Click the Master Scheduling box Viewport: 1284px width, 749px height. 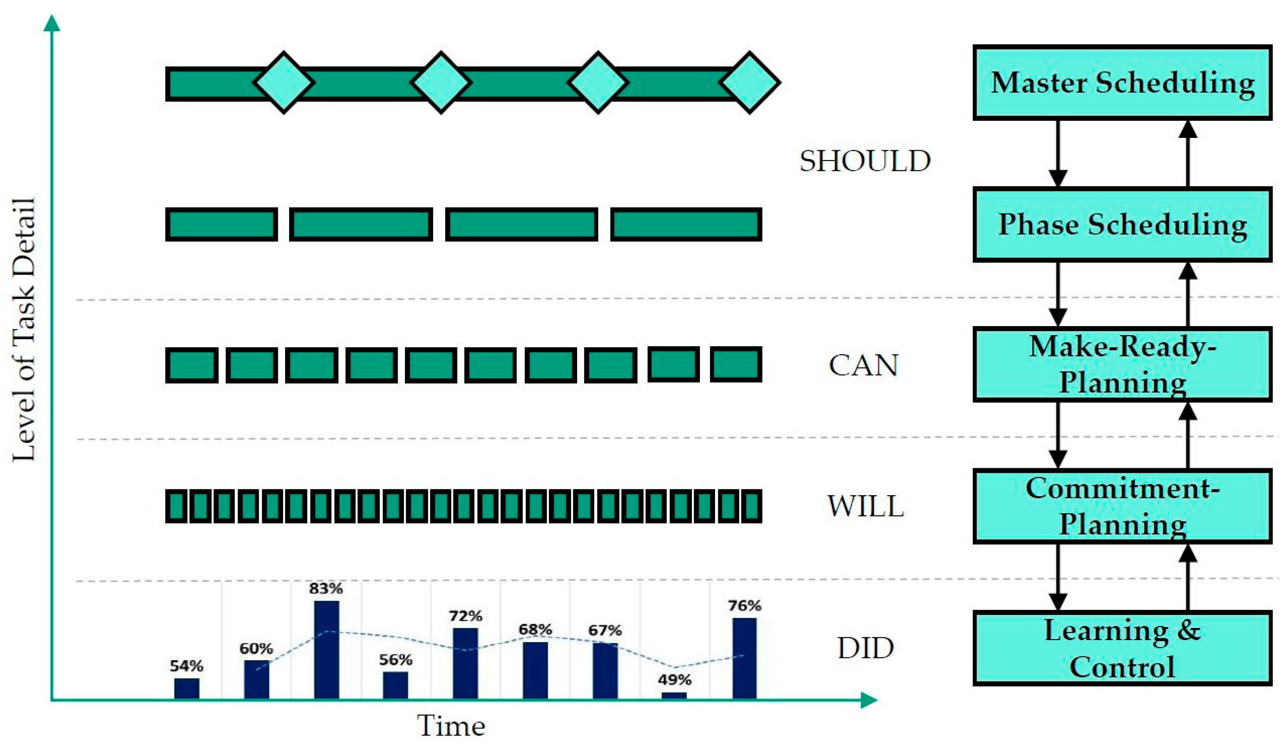click(1122, 83)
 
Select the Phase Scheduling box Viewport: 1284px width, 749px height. click(1122, 225)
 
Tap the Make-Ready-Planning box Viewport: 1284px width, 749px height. click(1122, 364)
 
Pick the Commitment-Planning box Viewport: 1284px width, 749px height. click(1122, 507)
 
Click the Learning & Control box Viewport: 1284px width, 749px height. click(1122, 648)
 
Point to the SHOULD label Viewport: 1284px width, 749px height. click(865, 161)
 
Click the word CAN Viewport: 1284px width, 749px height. click(863, 365)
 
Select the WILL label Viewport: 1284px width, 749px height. click(865, 506)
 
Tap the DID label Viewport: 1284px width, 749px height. click(866, 648)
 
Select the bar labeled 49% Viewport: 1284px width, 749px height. click(674, 695)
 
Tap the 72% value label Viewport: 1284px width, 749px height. click(465, 616)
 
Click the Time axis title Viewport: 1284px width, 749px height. click(451, 726)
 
